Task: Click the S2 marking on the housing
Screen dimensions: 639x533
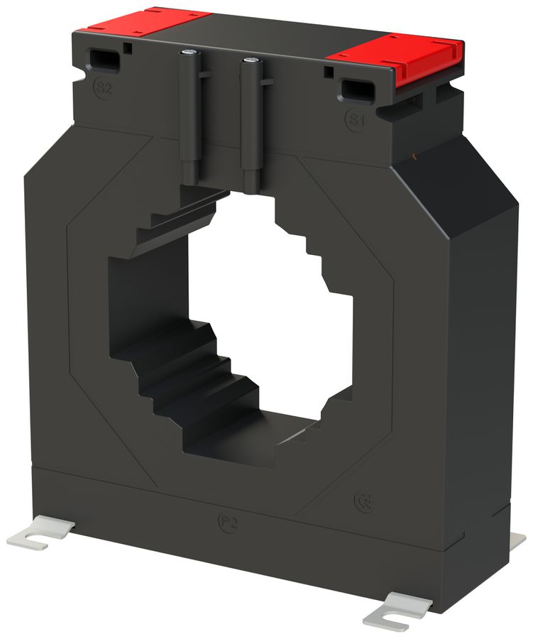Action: [x=103, y=89]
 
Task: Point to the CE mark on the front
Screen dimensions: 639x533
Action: [x=363, y=502]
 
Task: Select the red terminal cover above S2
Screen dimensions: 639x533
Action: [x=145, y=21]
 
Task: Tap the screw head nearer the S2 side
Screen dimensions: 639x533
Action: [x=188, y=53]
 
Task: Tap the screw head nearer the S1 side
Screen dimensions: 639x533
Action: [x=249, y=62]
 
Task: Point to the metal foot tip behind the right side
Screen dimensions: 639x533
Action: [x=517, y=541]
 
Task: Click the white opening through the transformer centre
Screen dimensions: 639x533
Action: [x=270, y=305]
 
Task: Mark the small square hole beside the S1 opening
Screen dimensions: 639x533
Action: [x=329, y=72]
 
